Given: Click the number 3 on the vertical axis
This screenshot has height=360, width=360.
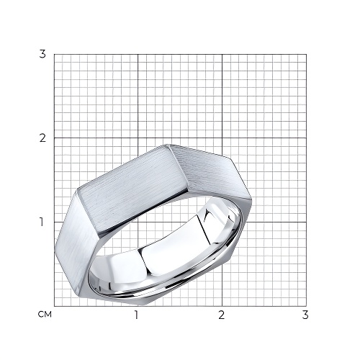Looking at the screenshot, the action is point(42,54).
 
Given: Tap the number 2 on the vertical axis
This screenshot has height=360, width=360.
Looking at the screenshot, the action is point(42,138).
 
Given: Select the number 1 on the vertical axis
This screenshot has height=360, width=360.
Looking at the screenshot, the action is point(42,222).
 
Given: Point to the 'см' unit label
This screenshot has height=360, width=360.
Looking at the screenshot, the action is point(45,315).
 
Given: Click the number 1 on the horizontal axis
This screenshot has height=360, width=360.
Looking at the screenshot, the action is point(136,315).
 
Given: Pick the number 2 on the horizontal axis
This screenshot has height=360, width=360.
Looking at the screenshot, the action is point(222,315).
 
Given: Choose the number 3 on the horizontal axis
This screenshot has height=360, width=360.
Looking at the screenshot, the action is point(305,315).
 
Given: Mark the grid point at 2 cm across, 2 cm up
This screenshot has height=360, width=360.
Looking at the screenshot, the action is point(222,138).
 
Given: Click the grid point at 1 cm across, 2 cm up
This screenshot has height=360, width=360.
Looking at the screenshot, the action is point(138,138).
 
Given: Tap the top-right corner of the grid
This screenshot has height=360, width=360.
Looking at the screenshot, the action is point(306,54).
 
